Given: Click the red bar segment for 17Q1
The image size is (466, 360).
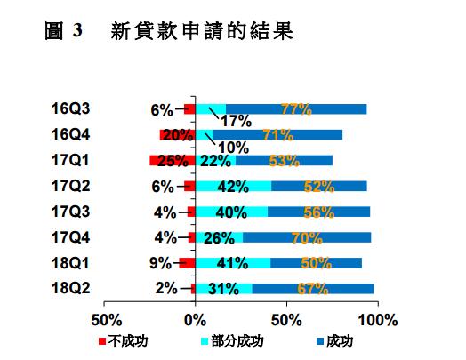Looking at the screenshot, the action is tap(173, 160).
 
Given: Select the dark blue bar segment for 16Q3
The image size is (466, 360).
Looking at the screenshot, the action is tap(296, 109).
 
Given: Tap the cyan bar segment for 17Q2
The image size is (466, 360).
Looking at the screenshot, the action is tap(233, 187).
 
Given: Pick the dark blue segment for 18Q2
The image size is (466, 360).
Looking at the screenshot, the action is tap(313, 289).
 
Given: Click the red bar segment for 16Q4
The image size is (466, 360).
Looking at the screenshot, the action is tap(178, 135).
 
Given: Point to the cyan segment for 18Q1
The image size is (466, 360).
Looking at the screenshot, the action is tap(233, 263).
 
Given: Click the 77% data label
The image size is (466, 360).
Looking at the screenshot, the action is tap(296, 109).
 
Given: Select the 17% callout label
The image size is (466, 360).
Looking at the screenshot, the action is tap(236, 121).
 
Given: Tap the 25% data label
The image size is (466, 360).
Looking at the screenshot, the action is tap(173, 161).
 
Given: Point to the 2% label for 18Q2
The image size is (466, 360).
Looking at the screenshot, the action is tap(166, 288).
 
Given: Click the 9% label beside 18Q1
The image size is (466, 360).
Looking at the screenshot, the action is tap(160, 263).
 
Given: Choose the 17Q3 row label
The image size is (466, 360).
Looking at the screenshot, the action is tap(71, 212).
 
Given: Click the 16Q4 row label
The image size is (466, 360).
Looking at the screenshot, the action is tap(71, 134).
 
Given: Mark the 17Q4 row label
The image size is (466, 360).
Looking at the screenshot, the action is tap(71, 237).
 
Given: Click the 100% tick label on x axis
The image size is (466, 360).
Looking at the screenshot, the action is tap(378, 321).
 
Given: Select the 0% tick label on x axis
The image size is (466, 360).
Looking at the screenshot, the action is tap(196, 321).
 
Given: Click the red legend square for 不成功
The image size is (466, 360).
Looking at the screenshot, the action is tap(102, 341).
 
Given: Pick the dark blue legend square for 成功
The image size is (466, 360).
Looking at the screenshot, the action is tap(320, 341).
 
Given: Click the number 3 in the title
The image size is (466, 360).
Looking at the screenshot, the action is tap(77, 30).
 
